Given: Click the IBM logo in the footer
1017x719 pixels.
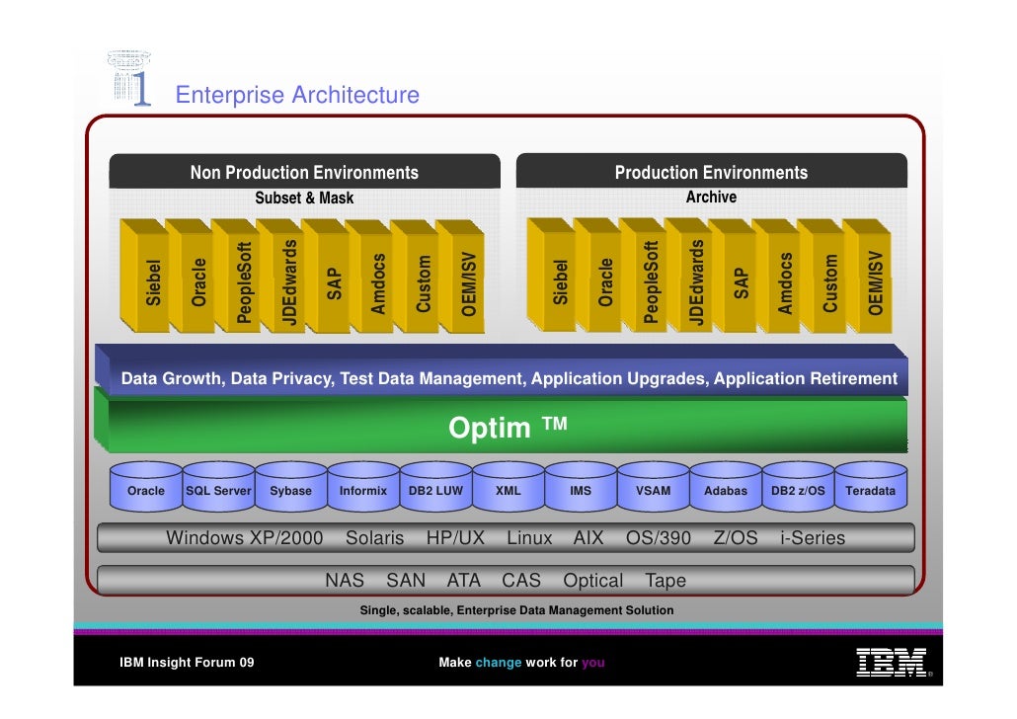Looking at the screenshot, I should coord(891,662).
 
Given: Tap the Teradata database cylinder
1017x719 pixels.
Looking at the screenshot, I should coord(870,490).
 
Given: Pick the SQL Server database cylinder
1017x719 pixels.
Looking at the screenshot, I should coord(219,490).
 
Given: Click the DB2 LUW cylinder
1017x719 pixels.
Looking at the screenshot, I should coord(435,490).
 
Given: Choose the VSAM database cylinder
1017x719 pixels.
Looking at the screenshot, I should coord(653,490).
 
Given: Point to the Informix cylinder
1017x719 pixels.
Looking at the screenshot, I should coord(363,490).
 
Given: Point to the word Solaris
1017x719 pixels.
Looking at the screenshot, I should coord(374,538).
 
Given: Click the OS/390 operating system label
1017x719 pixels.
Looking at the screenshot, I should coord(659,538).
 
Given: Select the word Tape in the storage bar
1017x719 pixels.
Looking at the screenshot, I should coord(665,581).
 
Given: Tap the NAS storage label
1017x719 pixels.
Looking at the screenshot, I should coord(345,581).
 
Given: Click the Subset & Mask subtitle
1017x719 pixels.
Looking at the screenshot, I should coord(304,198).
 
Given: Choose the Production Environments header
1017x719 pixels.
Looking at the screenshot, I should coord(711,173).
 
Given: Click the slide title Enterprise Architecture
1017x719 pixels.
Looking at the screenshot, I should coord(297,95).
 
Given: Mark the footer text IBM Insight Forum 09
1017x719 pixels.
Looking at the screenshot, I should coord(187,663).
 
